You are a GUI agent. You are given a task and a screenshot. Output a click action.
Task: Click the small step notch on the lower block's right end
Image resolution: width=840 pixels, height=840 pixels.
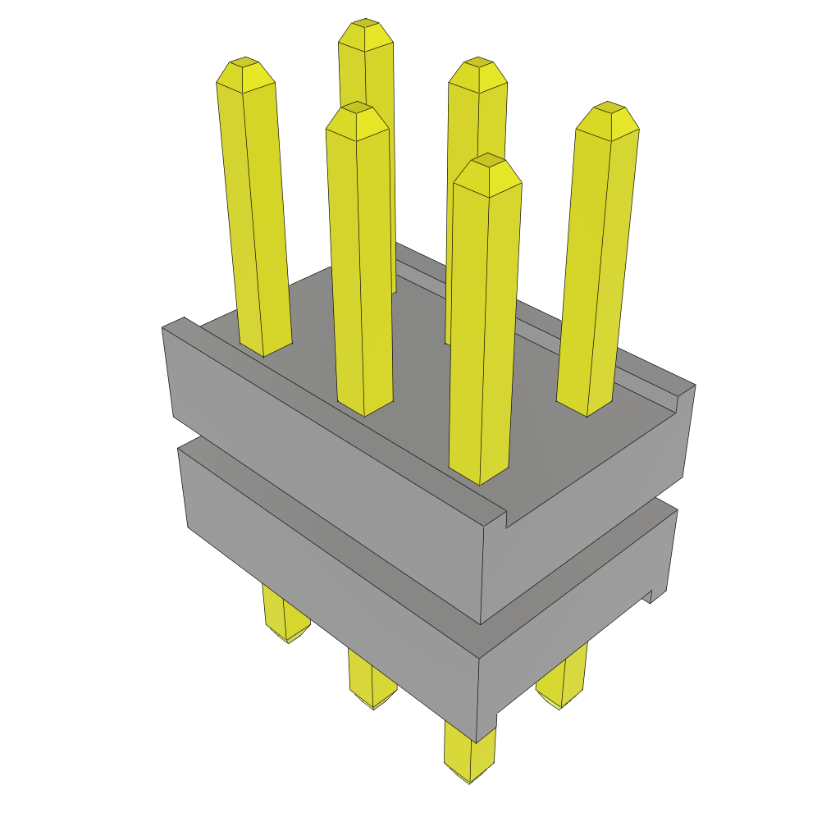click(653, 596)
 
